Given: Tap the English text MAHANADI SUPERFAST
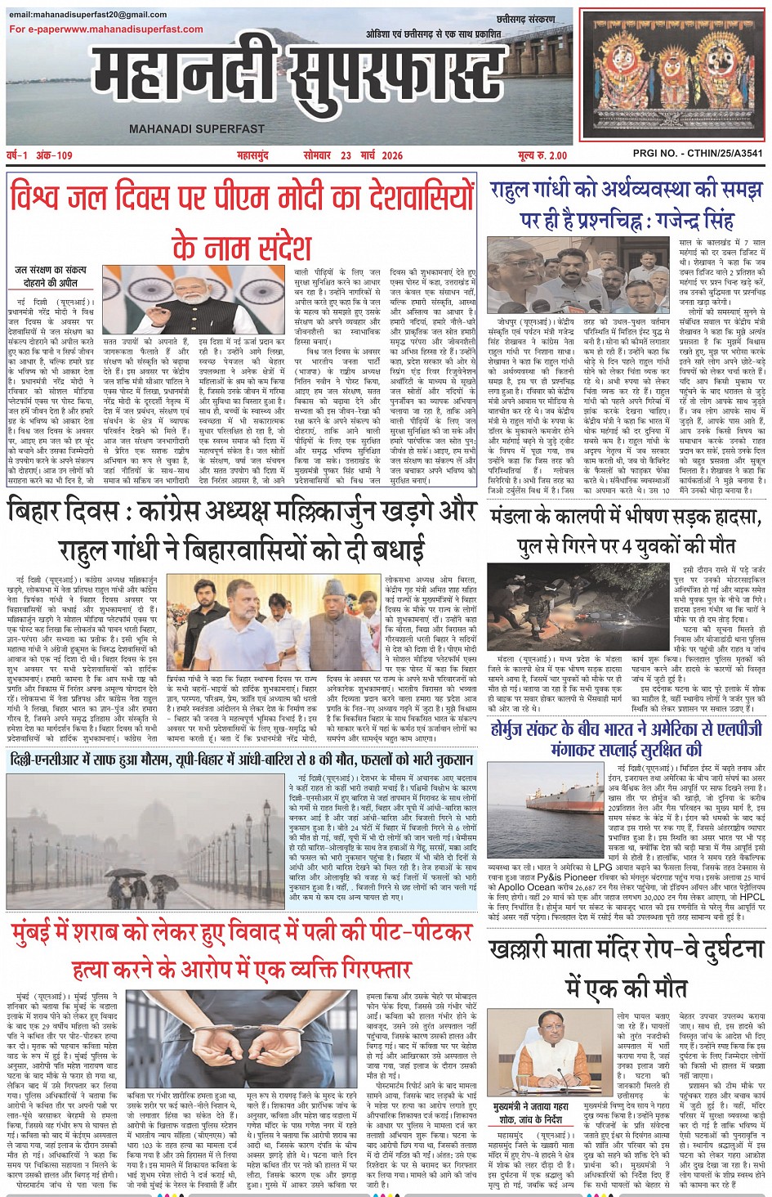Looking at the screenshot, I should (x=197, y=128).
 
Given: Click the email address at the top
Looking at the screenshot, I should (x=88, y=15).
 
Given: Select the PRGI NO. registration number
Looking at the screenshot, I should (x=698, y=154).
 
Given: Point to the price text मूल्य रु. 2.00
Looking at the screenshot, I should (x=542, y=155).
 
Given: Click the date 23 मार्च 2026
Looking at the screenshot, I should (x=372, y=155).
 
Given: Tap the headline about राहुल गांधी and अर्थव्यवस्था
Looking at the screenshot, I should (x=627, y=204).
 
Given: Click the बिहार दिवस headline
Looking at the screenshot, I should (x=242, y=529).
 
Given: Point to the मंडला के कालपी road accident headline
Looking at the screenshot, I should (x=627, y=531).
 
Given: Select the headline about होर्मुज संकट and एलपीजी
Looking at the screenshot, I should (x=627, y=738).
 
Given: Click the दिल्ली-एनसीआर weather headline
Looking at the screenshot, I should (x=242, y=760).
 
